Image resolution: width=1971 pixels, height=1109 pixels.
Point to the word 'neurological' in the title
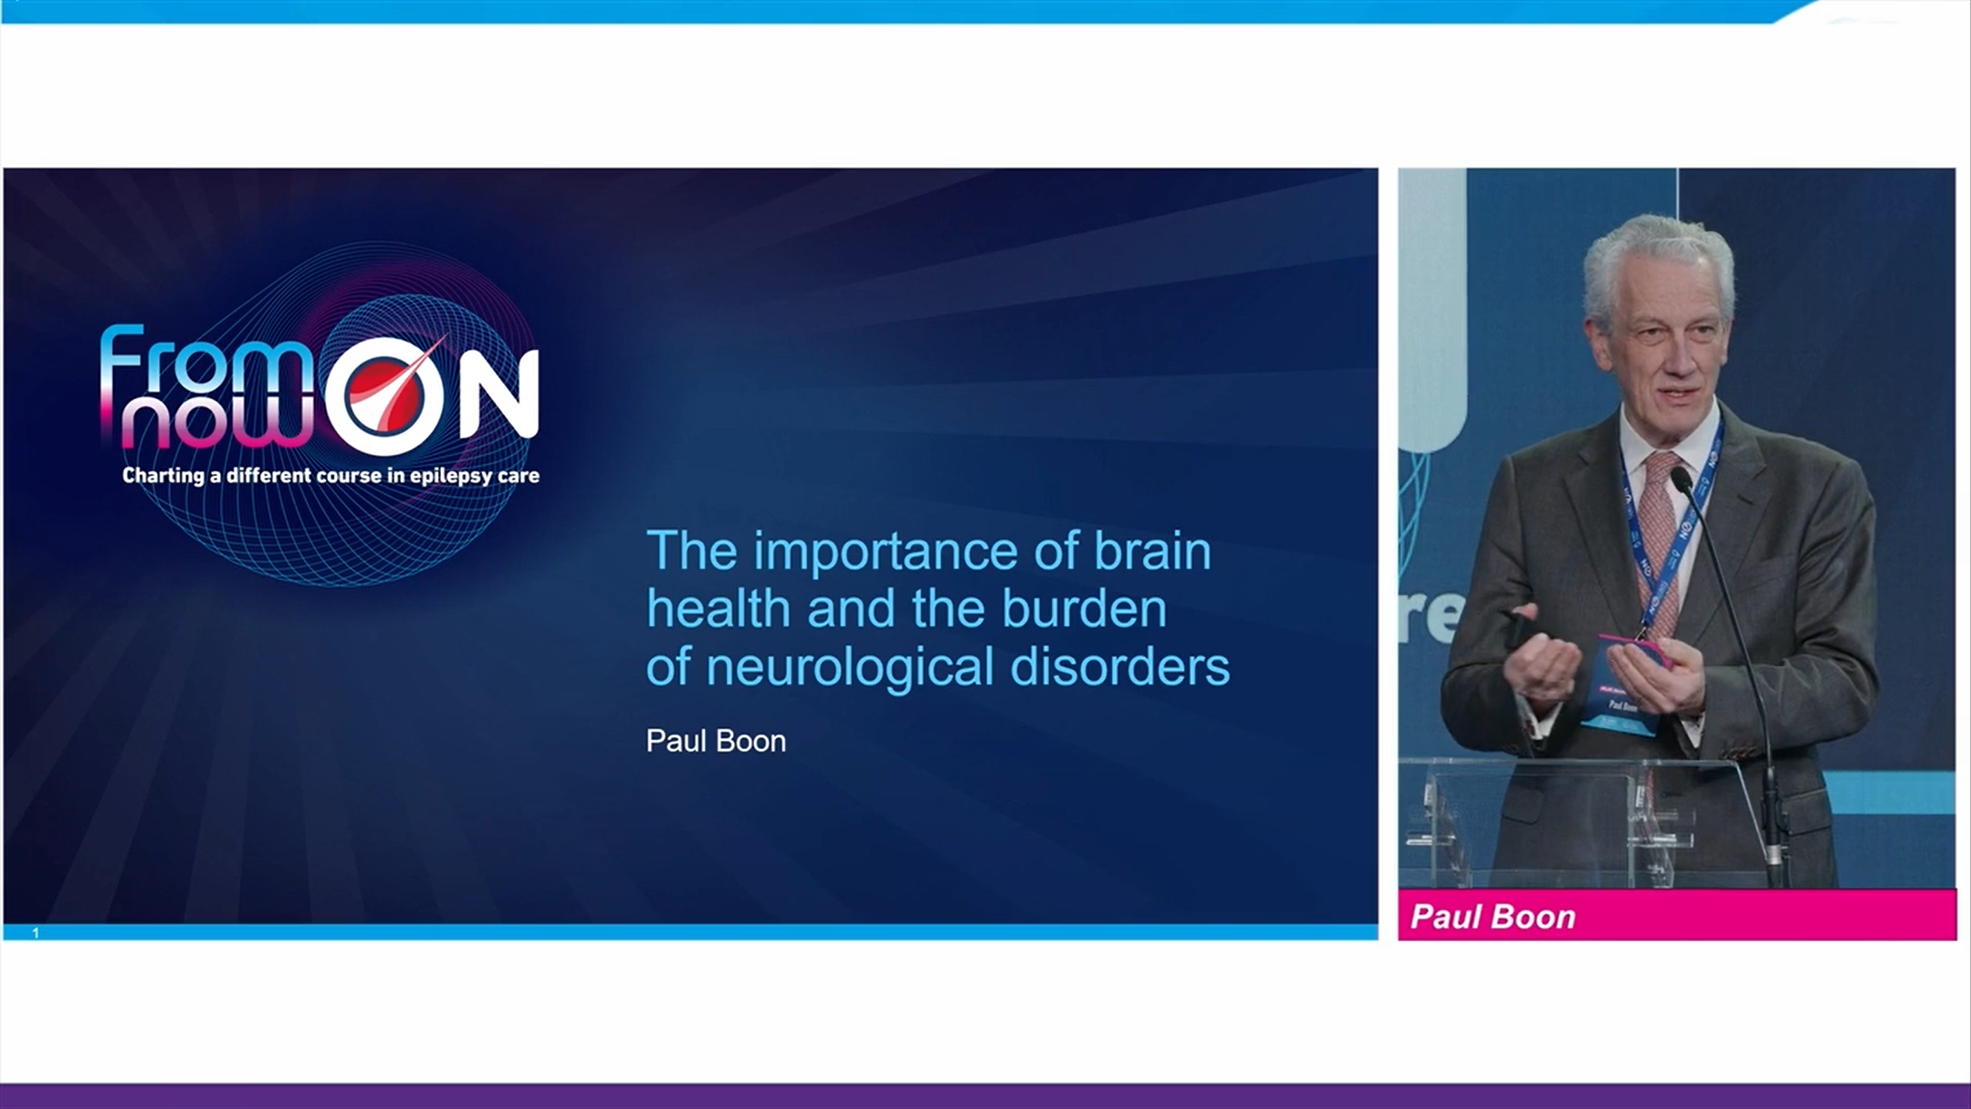(x=849, y=668)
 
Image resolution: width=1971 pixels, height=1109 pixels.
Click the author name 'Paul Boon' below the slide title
(x=716, y=741)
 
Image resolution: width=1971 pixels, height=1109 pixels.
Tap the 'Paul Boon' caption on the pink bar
(x=1493, y=916)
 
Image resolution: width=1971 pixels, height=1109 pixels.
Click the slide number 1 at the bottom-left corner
(x=36, y=933)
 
